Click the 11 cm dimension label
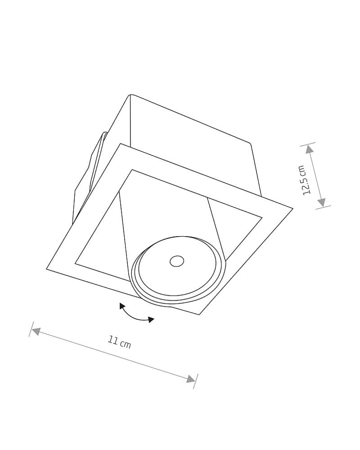[119, 342]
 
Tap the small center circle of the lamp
[177, 261]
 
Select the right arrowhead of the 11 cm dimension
[191, 379]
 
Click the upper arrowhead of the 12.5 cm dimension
[309, 149]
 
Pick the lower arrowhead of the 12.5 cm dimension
[322, 202]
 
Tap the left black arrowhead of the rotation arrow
[122, 306]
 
